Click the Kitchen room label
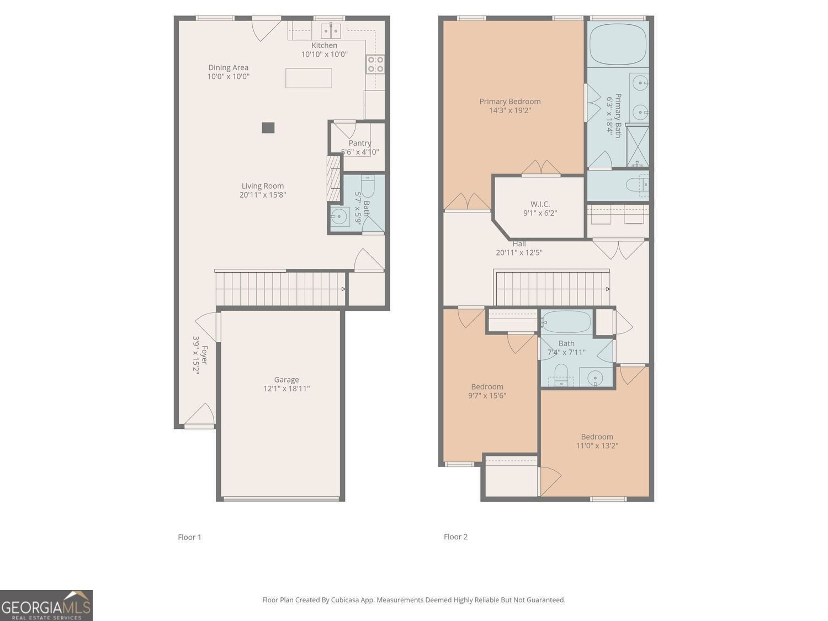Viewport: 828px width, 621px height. click(324, 45)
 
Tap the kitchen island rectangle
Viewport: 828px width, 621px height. click(309, 78)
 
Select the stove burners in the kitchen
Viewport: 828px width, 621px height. click(375, 65)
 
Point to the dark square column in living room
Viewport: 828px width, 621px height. click(268, 128)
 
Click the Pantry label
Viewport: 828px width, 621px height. click(360, 143)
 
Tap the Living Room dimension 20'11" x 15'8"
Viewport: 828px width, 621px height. click(263, 195)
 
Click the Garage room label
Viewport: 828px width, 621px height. click(286, 379)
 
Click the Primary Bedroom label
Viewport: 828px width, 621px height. click(509, 101)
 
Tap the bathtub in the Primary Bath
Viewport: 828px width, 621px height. click(618, 44)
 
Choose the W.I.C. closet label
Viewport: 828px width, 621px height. click(540, 204)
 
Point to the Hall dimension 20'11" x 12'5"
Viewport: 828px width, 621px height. click(519, 253)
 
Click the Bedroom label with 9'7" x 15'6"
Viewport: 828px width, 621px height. click(487, 386)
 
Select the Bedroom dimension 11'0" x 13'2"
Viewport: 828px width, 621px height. click(597, 445)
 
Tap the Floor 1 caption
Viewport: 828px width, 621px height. click(189, 537)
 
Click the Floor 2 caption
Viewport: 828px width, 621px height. click(455, 537)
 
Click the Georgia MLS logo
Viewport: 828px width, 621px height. click(46, 606)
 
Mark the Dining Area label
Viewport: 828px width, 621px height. click(228, 67)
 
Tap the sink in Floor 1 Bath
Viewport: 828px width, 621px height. click(340, 215)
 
